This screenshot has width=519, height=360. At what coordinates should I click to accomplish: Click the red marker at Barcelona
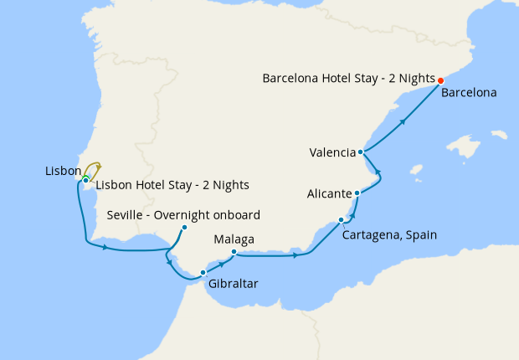pos(440,81)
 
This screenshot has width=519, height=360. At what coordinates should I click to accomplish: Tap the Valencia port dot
pos(360,152)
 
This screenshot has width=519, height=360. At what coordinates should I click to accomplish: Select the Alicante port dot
pos(357,193)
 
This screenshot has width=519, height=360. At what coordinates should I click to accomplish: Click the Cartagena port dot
pos(341,220)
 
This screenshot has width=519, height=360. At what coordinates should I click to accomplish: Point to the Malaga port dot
pos(234,253)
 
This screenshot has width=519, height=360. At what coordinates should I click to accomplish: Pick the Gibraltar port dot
pos(203,272)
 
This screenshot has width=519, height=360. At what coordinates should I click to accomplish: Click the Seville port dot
pos(184,227)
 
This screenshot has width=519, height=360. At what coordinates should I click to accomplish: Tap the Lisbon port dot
pos(85,180)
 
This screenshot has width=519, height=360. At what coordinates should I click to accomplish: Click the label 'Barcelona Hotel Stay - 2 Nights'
pos(347,79)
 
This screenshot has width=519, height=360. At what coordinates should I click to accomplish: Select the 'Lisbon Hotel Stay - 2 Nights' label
pos(172,185)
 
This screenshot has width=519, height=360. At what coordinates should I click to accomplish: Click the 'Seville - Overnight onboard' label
pos(184,214)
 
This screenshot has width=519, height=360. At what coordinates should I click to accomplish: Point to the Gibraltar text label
pos(234,284)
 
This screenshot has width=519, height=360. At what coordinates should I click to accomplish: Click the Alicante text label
pos(329,193)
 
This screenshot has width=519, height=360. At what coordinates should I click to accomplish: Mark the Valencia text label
pos(332,152)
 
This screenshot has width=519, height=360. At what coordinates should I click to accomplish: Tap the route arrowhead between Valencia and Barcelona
pos(403,121)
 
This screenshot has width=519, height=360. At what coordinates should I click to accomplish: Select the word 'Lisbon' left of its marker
pos(63,171)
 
